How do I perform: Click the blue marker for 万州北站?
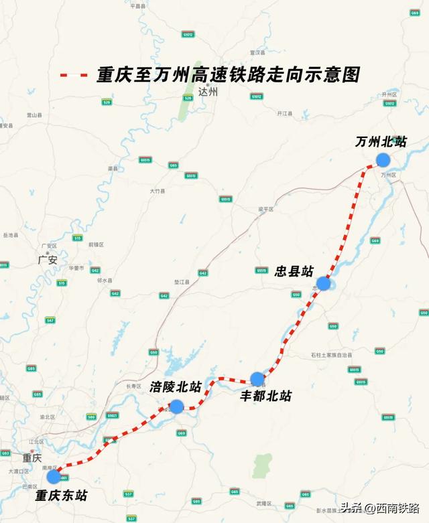coord(383,159)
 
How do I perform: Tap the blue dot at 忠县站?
coord(324,283)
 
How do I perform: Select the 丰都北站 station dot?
coord(257,379)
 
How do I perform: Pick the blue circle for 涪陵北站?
coord(176,406)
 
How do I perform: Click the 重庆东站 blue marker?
coord(54,477)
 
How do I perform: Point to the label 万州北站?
coord(381,142)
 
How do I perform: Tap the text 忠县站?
coord(294,271)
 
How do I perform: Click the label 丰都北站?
coord(266,396)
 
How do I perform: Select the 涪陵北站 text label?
coord(176,387)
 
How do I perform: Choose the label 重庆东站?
coord(62,496)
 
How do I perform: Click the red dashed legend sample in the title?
coord(74,75)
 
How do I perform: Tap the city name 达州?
coord(208,93)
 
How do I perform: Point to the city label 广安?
coord(48,259)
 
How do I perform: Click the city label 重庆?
coord(32,458)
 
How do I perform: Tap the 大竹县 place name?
coord(157,191)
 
